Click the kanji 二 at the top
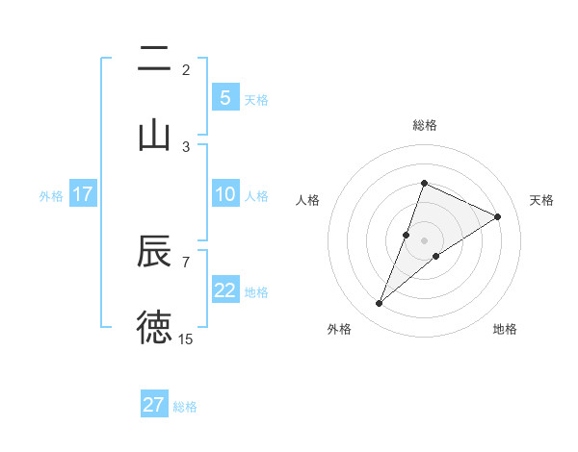tap(154, 61)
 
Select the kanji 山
tap(154, 134)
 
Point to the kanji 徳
tap(154, 327)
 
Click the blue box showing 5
tap(224, 97)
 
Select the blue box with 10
tap(224, 194)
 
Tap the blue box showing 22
tap(224, 290)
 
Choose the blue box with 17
tap(83, 194)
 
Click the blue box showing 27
tap(154, 404)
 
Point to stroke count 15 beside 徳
tap(186, 339)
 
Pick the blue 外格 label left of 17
tap(51, 195)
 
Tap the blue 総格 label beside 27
tap(185, 406)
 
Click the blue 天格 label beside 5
tap(256, 99)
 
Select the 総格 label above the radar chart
tap(424, 125)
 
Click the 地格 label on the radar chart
tap(505, 329)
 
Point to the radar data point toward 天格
tap(497, 216)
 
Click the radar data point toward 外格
tap(380, 304)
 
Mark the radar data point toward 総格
tap(424, 183)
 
